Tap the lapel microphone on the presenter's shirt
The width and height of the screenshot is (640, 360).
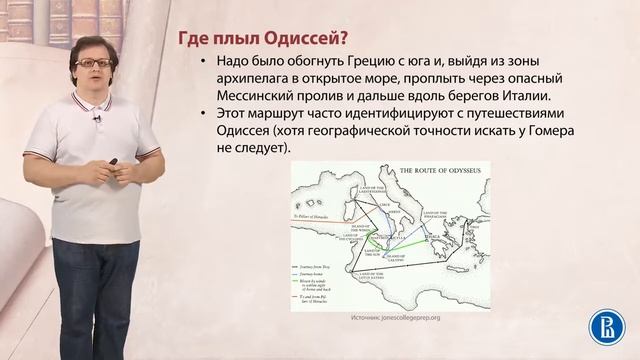click(x=98, y=119)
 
